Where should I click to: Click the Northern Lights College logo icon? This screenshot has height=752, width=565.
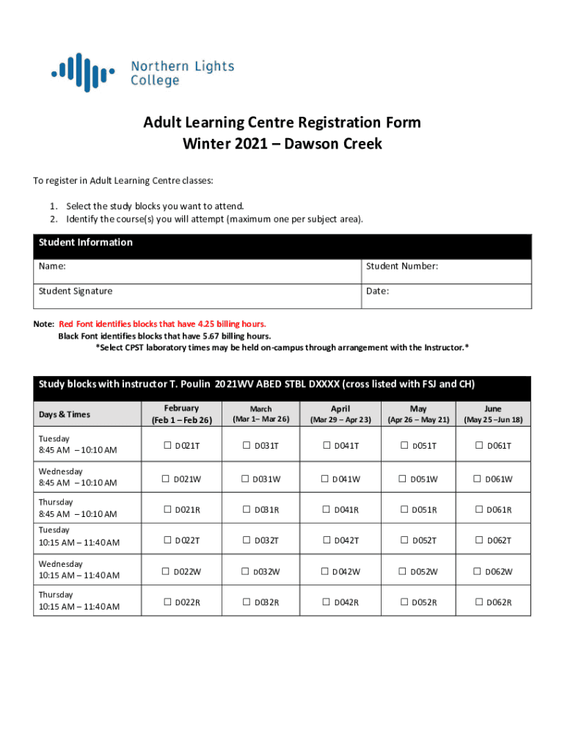(82, 72)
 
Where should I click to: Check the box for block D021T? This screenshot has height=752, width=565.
(167, 446)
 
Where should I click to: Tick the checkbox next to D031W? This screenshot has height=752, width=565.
(246, 479)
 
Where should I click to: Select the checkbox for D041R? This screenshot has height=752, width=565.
(326, 510)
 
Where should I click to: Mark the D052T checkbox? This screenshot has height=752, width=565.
(403, 540)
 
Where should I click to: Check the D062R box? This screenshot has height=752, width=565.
(479, 603)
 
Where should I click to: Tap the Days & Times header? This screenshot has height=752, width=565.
(64, 414)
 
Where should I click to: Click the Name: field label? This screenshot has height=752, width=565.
(52, 266)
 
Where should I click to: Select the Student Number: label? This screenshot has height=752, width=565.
(402, 266)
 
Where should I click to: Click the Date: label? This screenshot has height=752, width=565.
(377, 291)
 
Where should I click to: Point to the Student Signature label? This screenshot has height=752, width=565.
(76, 291)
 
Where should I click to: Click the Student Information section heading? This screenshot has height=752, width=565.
(85, 242)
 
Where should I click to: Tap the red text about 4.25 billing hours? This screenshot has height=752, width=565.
(162, 324)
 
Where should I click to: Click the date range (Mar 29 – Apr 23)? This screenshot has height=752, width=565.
(340, 420)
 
